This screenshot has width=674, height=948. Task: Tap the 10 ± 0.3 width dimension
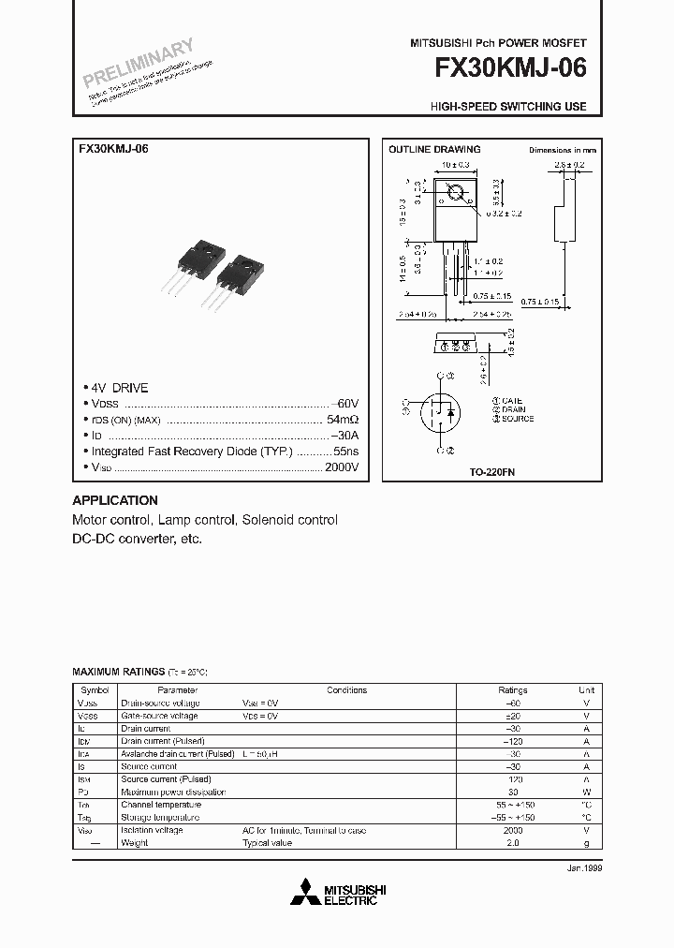456,165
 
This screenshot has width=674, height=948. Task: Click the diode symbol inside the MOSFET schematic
450,411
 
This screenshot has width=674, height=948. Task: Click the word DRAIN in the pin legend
515,409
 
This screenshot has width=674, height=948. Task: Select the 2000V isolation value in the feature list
343,466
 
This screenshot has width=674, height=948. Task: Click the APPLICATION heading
115,500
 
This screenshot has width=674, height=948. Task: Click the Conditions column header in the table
346,690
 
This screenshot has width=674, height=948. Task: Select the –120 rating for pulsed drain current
513,741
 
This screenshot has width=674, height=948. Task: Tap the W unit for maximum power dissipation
586,792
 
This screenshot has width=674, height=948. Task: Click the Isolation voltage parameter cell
152,830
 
